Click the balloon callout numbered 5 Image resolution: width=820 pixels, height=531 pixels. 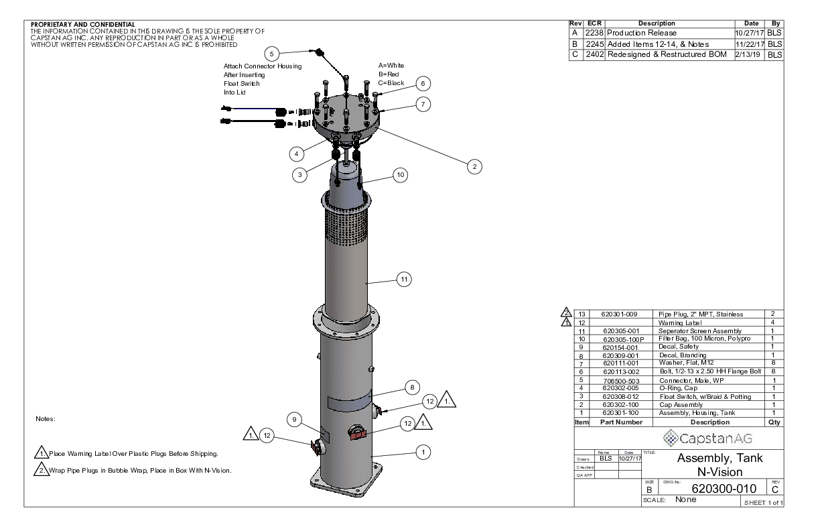271,53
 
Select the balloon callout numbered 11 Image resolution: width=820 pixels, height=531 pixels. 404,280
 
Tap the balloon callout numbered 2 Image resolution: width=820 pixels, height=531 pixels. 474,167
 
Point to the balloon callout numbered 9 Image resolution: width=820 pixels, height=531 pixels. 294,420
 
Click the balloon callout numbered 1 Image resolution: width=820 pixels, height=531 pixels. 423,453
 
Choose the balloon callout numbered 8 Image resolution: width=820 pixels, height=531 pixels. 413,387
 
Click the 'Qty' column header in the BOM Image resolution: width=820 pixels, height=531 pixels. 774,422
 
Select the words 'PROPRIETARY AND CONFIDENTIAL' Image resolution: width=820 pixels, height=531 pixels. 82,25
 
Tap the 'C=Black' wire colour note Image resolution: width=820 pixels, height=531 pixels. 391,82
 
